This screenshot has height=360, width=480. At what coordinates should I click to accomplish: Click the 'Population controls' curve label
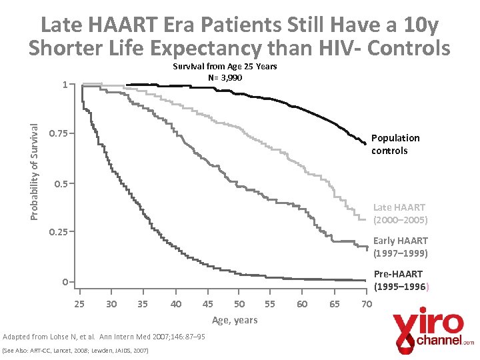(x=395, y=144)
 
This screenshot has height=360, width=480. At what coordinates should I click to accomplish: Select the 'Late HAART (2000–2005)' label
(x=400, y=213)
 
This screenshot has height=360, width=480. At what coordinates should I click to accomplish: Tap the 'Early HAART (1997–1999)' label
(x=400, y=247)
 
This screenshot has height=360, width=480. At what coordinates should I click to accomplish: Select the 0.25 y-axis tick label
(x=59, y=232)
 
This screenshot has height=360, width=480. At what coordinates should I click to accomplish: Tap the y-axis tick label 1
(x=65, y=85)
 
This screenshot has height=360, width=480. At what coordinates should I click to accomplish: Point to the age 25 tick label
(x=79, y=304)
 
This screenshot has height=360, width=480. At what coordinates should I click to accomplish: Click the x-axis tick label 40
(x=176, y=304)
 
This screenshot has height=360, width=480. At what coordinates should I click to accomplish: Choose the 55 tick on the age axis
(x=269, y=304)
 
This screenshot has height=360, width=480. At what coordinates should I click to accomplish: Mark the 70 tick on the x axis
(x=366, y=304)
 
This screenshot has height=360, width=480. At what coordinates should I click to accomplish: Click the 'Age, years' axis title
(x=234, y=320)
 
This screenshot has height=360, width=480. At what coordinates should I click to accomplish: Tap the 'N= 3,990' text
(x=225, y=77)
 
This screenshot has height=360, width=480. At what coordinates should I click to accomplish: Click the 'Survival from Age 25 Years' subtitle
(x=225, y=67)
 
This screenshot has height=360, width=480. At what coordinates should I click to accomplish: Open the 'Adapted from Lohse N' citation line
(x=104, y=337)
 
